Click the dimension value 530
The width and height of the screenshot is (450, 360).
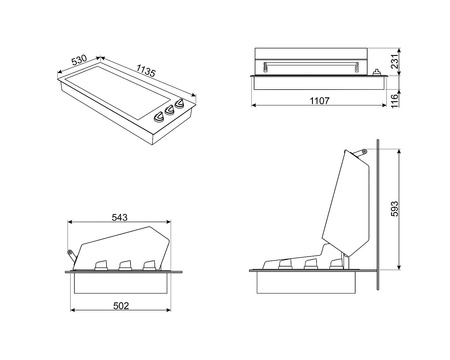[x=79, y=60]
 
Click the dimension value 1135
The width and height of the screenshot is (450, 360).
[x=146, y=70]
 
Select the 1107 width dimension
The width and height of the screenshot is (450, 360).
[x=319, y=100]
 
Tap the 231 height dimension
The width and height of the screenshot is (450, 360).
[x=395, y=61]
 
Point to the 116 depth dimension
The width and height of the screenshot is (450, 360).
[x=394, y=100]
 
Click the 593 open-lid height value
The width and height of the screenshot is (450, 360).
[x=394, y=209]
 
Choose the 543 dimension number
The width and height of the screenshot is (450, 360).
[x=119, y=217]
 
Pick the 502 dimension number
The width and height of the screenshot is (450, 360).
[x=121, y=305]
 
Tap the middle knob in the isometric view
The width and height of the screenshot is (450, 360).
[x=170, y=110]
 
